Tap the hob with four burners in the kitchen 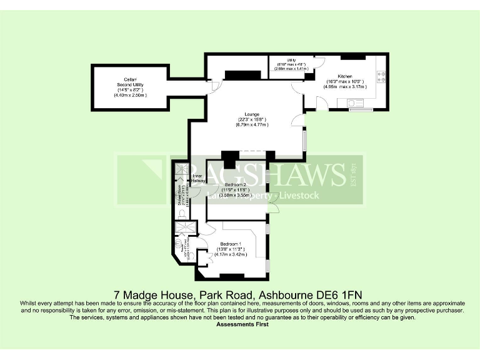pos(380,77)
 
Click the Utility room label pos(291,59)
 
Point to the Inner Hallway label pos(197,179)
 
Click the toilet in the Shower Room pos(181,214)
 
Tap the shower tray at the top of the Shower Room pos(181,171)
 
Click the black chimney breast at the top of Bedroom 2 pos(229,159)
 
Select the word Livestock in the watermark pos(299,196)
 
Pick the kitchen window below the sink pos(359,110)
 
